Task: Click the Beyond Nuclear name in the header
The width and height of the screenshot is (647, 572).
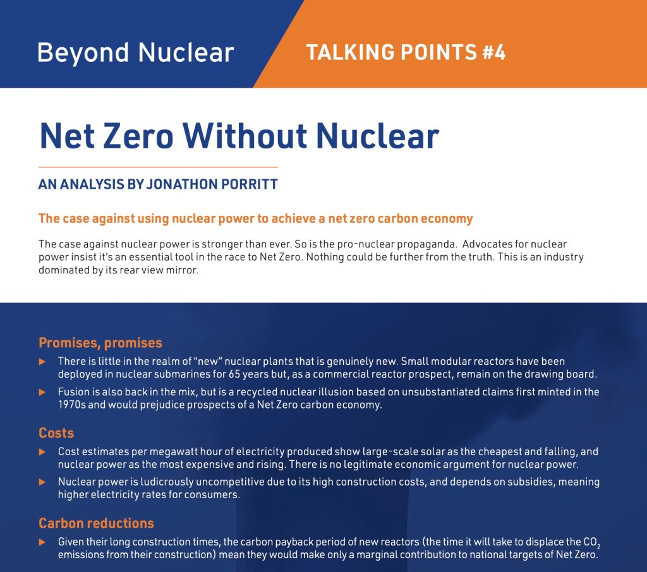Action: [136, 52]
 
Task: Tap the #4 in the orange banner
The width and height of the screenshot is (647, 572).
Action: [493, 52]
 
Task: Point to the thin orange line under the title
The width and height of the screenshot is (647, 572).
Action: [158, 167]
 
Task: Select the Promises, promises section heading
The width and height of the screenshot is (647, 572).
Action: [100, 343]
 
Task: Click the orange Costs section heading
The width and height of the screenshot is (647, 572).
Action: [56, 433]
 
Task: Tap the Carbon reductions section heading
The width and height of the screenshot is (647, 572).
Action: [96, 523]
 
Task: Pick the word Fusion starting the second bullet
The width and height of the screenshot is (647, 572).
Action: [74, 392]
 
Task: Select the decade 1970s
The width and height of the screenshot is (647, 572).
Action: [71, 405]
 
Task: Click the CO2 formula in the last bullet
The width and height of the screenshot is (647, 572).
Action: [601, 543]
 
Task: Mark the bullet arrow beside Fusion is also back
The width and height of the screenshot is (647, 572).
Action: [42, 392]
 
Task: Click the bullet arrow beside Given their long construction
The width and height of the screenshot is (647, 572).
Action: [42, 542]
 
